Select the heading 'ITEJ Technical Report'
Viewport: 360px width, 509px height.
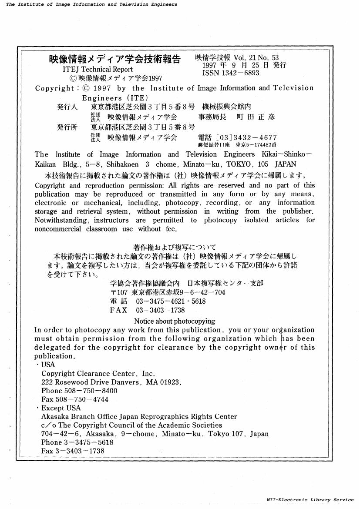(98, 69)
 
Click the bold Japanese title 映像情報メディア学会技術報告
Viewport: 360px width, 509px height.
(114, 59)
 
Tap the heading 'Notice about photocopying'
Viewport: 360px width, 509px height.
(175, 321)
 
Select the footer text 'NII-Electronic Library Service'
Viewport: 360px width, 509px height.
(310, 500)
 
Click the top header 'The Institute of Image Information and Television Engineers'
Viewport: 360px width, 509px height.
(92, 4)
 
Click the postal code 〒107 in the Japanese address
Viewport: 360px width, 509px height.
(119, 292)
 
